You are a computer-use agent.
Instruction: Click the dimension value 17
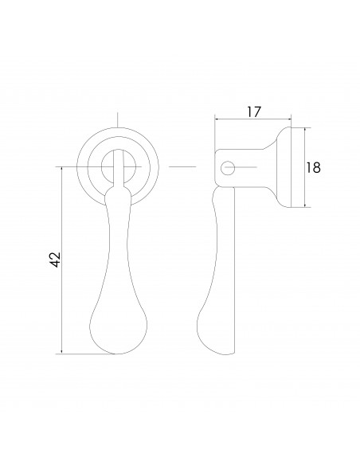tap(253, 112)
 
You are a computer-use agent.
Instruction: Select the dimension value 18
tap(313, 167)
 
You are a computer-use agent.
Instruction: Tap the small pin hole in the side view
tap(228, 167)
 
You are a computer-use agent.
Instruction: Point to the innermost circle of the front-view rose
tap(119, 166)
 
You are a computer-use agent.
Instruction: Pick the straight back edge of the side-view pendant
tap(236, 271)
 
